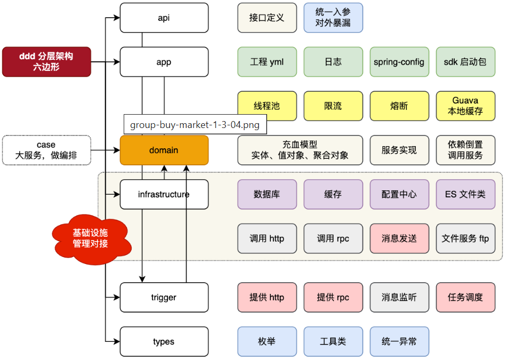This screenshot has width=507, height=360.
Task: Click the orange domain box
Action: (164, 150)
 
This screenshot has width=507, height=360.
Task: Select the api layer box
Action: (164, 18)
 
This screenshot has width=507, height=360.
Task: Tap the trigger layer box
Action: (164, 298)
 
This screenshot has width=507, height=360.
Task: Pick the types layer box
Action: (164, 342)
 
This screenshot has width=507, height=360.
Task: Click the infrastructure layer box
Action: (164, 194)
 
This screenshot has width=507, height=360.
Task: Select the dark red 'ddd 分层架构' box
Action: (46, 62)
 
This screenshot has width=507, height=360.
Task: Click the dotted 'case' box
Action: (46, 150)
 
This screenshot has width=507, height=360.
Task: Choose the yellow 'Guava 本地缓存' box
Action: (465, 106)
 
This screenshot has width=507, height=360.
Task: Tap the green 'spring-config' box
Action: (399, 62)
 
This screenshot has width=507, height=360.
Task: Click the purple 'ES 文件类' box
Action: (465, 194)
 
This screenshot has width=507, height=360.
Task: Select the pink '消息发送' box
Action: (399, 238)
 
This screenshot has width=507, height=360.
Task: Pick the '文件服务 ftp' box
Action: (465, 238)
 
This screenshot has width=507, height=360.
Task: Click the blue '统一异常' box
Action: (399, 341)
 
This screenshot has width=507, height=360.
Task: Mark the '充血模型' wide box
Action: (300, 150)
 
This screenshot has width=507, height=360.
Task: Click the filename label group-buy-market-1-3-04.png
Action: (195, 125)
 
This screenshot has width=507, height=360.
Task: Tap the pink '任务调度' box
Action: (465, 298)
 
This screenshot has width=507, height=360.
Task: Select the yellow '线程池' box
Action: (267, 106)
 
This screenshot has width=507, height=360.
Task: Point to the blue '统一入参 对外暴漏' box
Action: (333, 18)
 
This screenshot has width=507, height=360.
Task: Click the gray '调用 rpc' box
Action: (333, 238)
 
